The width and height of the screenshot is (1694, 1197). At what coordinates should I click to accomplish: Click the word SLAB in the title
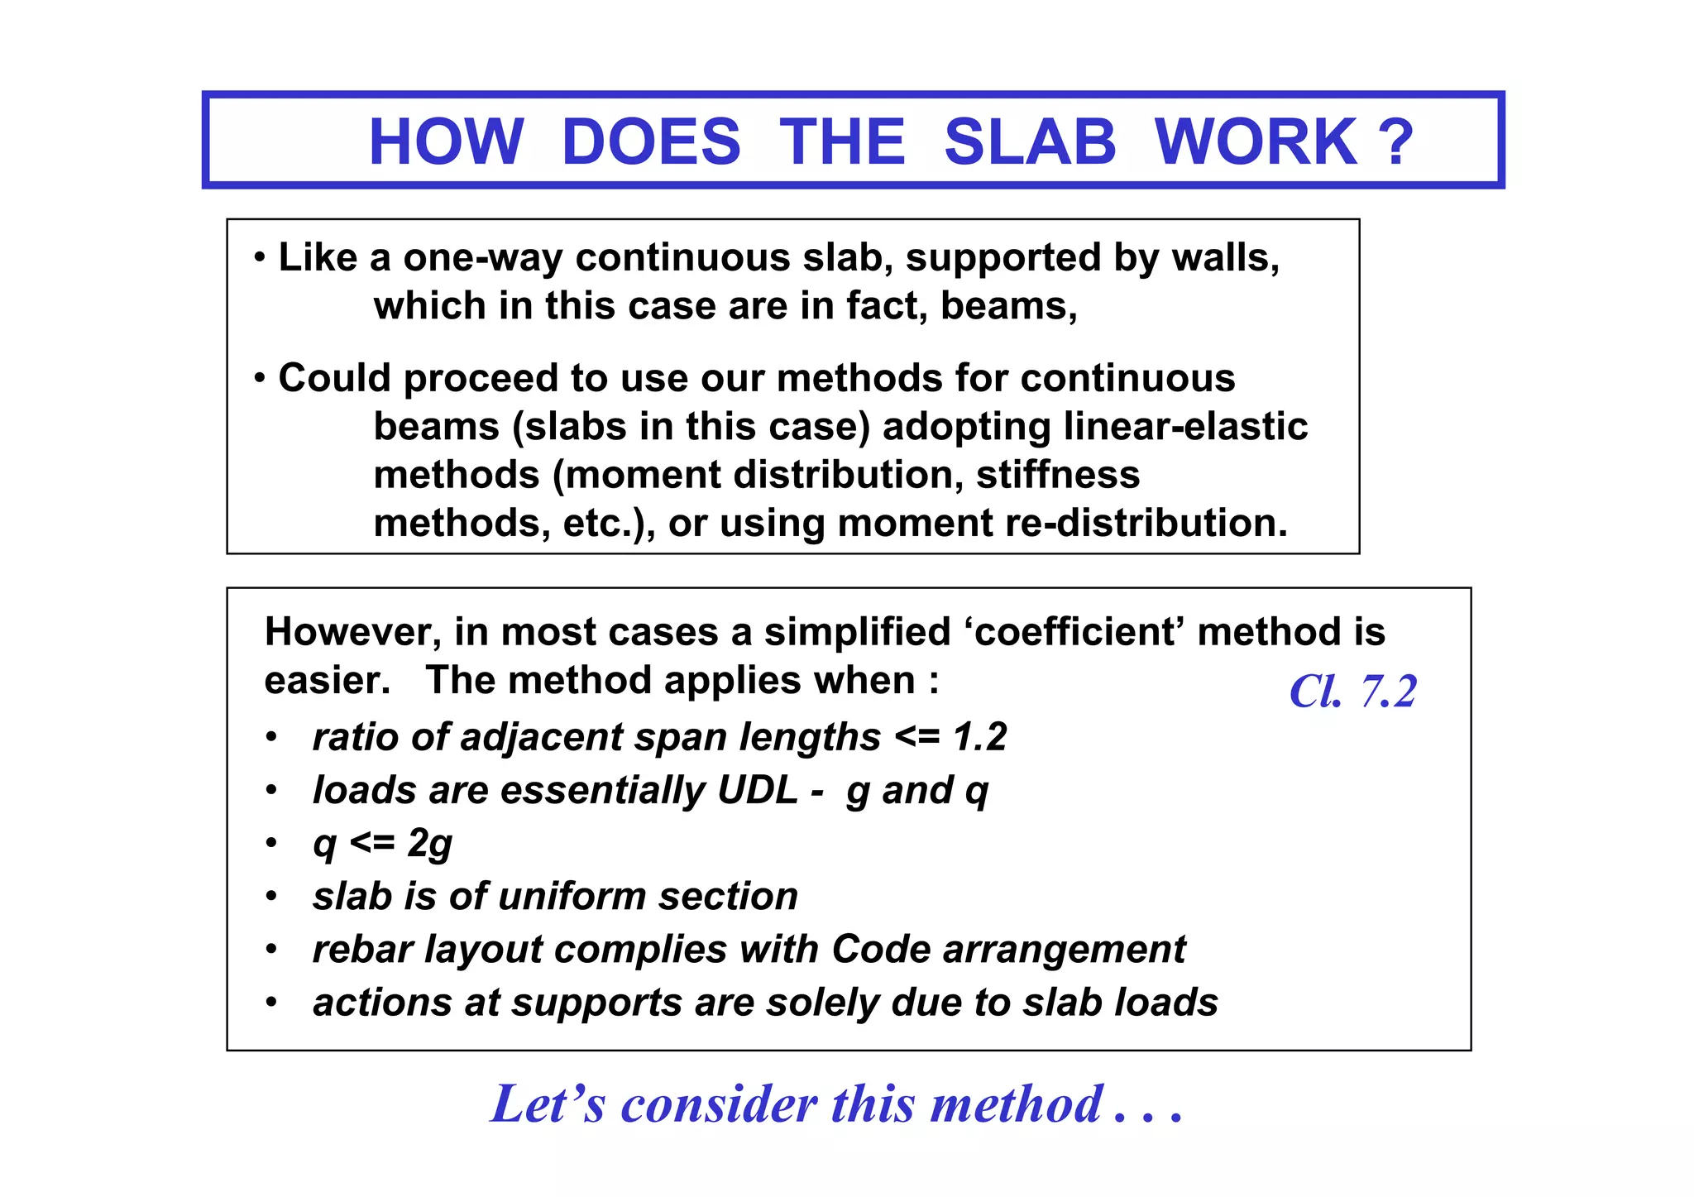coord(1030,141)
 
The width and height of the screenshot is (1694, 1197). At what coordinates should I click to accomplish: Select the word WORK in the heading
coord(1256,141)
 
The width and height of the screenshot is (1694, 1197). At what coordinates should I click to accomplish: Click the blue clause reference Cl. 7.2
coord(1352,692)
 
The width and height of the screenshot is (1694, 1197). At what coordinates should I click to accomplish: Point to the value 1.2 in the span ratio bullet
coord(980,736)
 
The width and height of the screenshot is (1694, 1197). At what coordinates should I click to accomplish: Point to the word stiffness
coord(1058,476)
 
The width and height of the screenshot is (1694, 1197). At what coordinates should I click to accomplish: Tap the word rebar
coord(362,950)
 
